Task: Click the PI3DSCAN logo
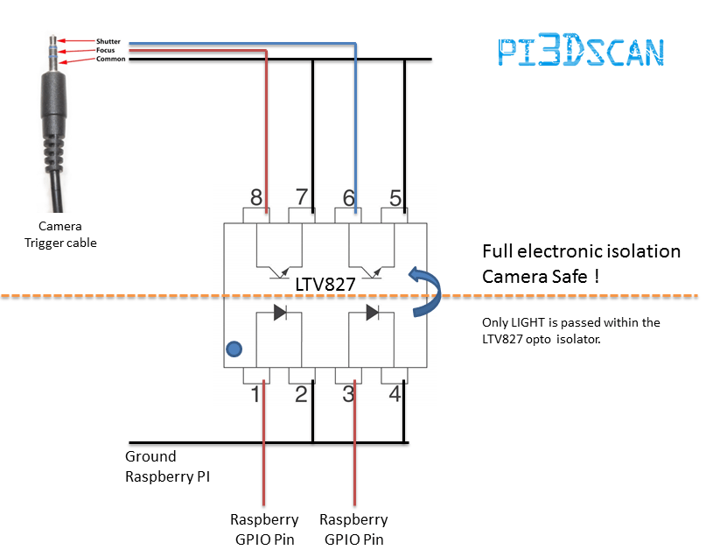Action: tap(581, 50)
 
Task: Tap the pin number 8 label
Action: tap(256, 197)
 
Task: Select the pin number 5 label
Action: tap(395, 198)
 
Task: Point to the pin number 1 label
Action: tap(255, 394)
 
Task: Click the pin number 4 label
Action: tap(395, 394)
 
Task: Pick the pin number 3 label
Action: tap(348, 394)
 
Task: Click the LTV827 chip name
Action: tap(325, 285)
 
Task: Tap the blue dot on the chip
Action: tap(234, 349)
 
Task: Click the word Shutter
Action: tap(108, 41)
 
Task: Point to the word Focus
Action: tap(105, 50)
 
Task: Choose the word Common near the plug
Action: tap(111, 59)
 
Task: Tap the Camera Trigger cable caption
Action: tap(60, 235)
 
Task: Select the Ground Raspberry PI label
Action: tap(167, 467)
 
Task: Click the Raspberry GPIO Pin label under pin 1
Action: tap(264, 529)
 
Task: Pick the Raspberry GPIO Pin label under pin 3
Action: tap(353, 529)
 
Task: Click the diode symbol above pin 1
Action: tap(281, 313)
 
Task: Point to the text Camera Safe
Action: tap(535, 276)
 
